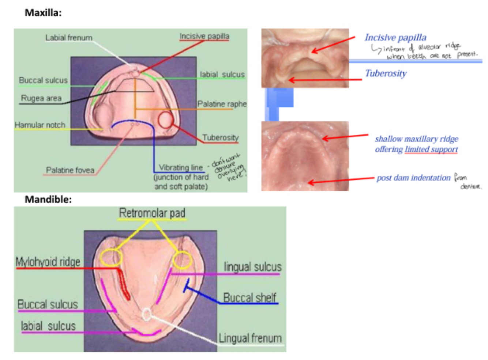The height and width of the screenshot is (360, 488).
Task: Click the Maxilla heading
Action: (43, 13)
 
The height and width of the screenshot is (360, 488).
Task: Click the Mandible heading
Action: (48, 200)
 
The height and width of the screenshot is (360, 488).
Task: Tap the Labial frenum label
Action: (69, 38)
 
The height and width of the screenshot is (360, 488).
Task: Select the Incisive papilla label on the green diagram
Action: (204, 36)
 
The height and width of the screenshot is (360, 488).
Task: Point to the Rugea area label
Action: (41, 98)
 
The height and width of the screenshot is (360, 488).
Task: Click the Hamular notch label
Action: (40, 125)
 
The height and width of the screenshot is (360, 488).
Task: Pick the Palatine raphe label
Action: (222, 104)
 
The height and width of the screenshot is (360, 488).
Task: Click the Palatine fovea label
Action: (70, 170)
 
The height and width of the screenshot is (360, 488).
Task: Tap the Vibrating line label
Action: (181, 167)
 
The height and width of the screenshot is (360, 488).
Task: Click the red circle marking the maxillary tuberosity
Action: (165, 120)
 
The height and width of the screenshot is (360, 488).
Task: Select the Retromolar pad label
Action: (152, 213)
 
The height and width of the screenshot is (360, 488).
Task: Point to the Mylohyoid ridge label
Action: (48, 262)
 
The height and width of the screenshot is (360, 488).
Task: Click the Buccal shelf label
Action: (249, 298)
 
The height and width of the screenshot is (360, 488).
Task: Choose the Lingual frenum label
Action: (250, 338)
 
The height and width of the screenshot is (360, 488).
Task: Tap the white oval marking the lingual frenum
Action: (147, 314)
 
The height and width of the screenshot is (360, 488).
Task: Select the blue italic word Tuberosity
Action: (386, 73)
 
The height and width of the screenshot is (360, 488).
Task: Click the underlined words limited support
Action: (431, 149)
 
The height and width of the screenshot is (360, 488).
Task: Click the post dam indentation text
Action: (413, 178)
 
